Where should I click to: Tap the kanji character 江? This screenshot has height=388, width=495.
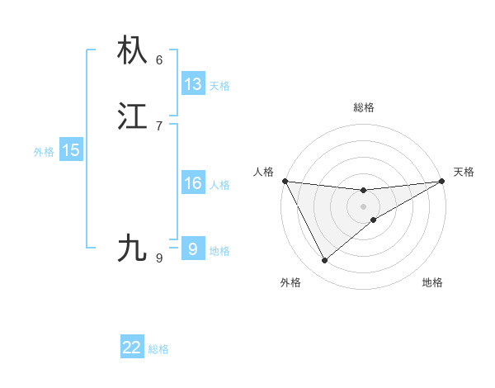pyautogui.click(x=133, y=116)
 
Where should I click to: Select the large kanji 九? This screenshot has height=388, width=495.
pyautogui.click(x=133, y=248)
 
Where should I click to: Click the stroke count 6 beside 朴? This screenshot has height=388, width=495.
pyautogui.click(x=159, y=59)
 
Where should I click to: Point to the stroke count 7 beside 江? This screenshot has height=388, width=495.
pyautogui.click(x=159, y=125)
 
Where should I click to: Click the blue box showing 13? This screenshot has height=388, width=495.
pyautogui.click(x=193, y=84)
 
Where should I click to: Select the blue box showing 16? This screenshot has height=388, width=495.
pyautogui.click(x=193, y=183)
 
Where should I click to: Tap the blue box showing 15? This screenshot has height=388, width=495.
pyautogui.click(x=71, y=150)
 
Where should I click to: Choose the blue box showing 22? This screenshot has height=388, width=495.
pyautogui.click(x=132, y=348)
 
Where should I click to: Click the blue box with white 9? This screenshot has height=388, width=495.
pyautogui.click(x=192, y=248)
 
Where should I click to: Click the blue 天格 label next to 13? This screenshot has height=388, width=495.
pyautogui.click(x=219, y=86)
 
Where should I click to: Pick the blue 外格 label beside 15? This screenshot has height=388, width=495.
pyautogui.click(x=44, y=152)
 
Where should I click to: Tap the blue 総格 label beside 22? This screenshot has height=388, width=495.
pyautogui.click(x=158, y=349)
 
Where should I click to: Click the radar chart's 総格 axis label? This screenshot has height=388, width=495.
pyautogui.click(x=364, y=107)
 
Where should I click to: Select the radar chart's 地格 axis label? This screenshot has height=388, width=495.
pyautogui.click(x=432, y=282)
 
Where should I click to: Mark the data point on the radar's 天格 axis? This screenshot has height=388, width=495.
pyautogui.click(x=442, y=181)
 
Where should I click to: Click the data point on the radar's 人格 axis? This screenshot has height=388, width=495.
pyautogui.click(x=285, y=181)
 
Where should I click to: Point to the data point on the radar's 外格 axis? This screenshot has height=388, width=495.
pyautogui.click(x=324, y=261)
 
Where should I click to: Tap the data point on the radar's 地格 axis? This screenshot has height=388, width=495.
pyautogui.click(x=374, y=220)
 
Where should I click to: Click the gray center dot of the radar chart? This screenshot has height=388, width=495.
pyautogui.click(x=364, y=206)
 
